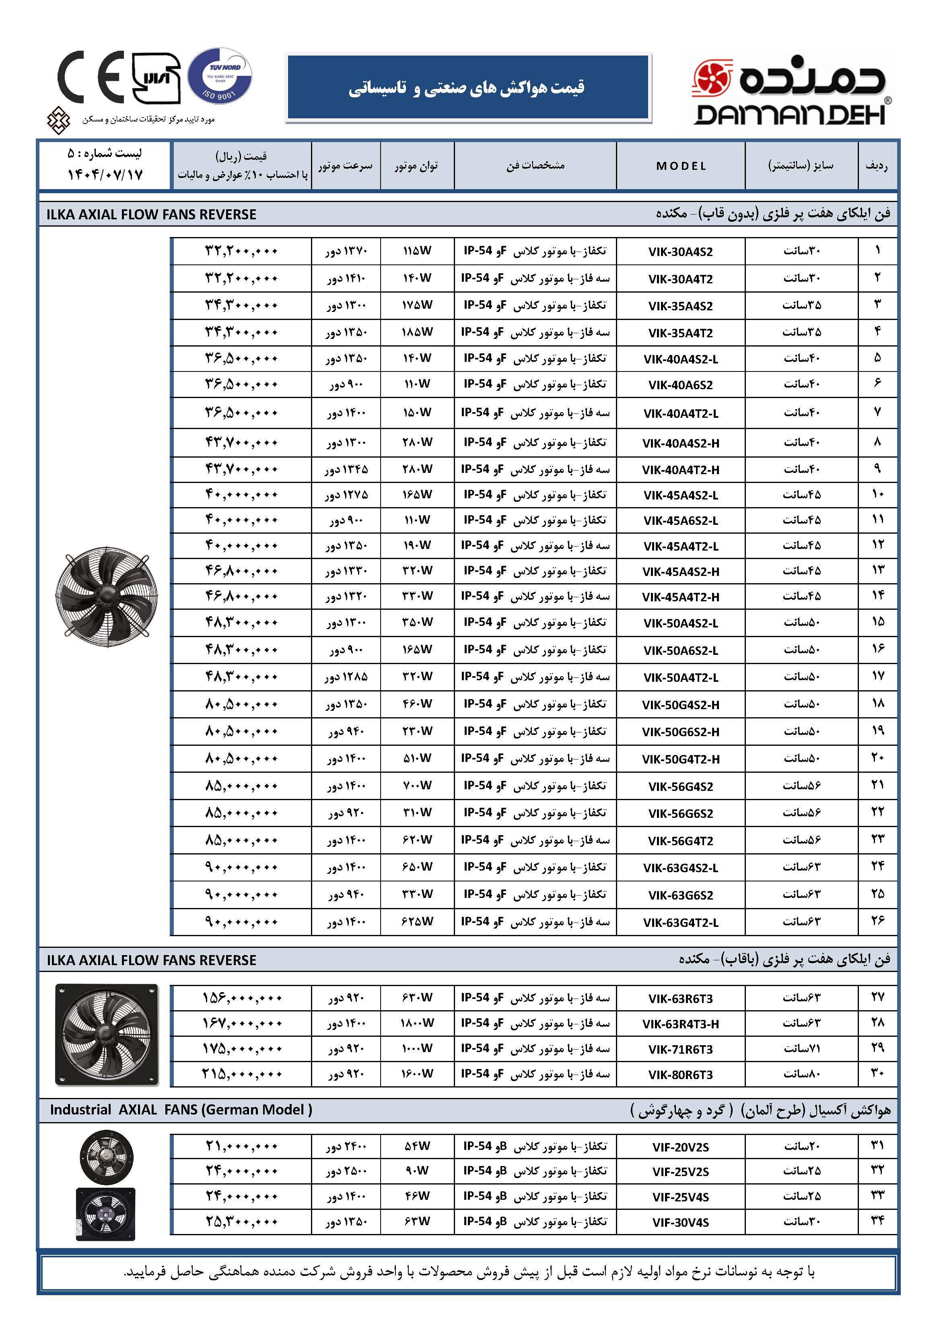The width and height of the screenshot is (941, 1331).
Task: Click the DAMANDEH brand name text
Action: [x=789, y=114]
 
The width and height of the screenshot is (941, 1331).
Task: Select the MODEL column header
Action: [x=681, y=166]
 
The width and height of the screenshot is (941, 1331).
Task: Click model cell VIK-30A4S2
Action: [x=680, y=252]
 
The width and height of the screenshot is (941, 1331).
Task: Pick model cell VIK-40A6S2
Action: [x=680, y=385]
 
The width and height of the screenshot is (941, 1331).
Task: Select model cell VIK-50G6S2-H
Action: [x=680, y=732]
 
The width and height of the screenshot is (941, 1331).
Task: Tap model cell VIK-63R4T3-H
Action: [x=680, y=1024]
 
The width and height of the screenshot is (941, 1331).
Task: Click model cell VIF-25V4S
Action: [x=680, y=1197]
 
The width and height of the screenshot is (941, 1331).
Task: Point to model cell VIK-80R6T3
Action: [x=680, y=1075]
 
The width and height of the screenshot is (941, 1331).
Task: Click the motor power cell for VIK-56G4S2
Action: [x=417, y=786]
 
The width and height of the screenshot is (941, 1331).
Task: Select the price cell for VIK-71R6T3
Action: [x=242, y=1049]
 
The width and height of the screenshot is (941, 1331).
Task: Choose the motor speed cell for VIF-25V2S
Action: [x=346, y=1171]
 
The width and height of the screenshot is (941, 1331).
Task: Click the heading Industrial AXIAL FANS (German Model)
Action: [x=181, y=1110]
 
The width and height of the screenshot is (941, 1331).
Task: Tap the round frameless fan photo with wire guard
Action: [x=106, y=595]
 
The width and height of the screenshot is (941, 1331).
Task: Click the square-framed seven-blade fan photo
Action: [x=106, y=1035]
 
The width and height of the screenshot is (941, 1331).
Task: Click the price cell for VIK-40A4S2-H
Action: [x=242, y=443]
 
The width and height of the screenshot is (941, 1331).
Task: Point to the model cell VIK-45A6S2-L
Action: [x=680, y=520]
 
